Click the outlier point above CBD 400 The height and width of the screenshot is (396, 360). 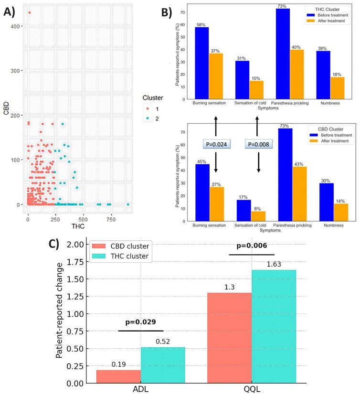pos(29,12)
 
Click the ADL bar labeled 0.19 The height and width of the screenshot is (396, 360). pos(118,376)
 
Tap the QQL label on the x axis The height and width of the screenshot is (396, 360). pos(252,389)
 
